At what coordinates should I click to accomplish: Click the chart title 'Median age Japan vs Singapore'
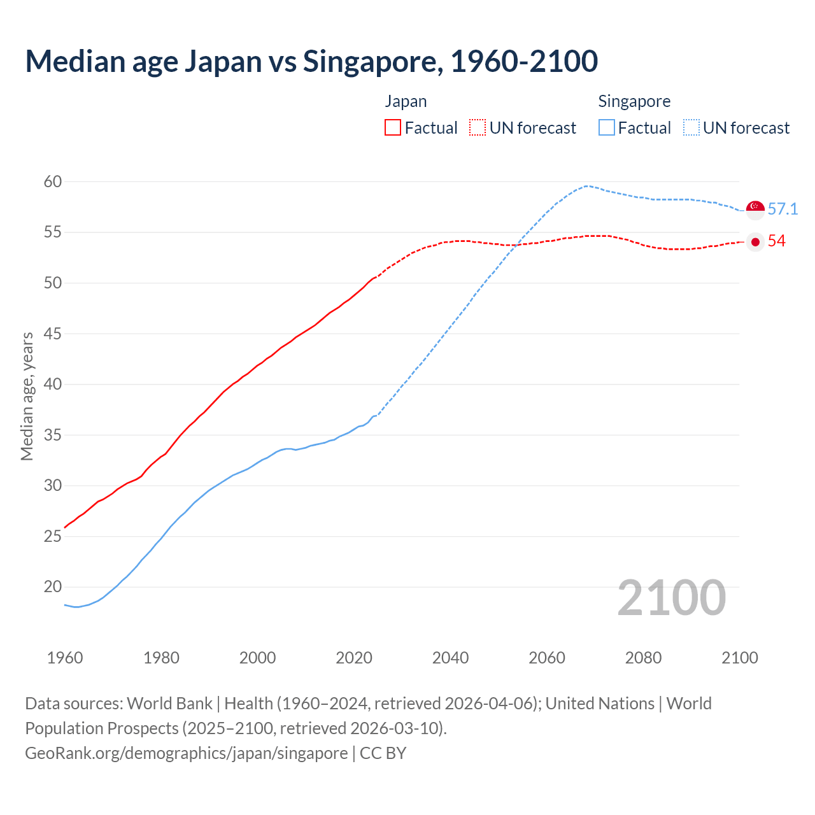pyautogui.click(x=311, y=62)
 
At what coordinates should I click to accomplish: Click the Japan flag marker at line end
pyautogui.click(x=755, y=242)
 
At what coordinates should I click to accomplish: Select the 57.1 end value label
pyautogui.click(x=783, y=209)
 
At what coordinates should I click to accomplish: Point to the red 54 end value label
pyautogui.click(x=776, y=241)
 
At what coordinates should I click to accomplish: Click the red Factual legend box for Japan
pyautogui.click(x=393, y=128)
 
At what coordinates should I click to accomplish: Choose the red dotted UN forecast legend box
pyautogui.click(x=478, y=128)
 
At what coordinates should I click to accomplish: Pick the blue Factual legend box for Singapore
pyautogui.click(x=607, y=128)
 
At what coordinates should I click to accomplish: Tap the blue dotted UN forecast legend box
pyautogui.click(x=691, y=128)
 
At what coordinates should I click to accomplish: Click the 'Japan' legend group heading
pyautogui.click(x=406, y=101)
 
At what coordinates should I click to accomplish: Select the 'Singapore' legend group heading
pyautogui.click(x=634, y=101)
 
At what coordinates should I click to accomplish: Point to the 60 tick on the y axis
pyautogui.click(x=53, y=182)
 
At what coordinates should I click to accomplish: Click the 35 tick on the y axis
pyautogui.click(x=53, y=436)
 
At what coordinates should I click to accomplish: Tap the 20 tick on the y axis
pyautogui.click(x=53, y=587)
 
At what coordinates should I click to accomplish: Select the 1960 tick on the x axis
pyautogui.click(x=65, y=658)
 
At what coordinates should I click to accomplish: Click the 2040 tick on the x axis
pyautogui.click(x=450, y=658)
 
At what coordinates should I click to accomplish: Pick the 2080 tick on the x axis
pyautogui.click(x=643, y=658)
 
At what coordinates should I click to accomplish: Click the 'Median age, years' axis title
pyautogui.click(x=27, y=396)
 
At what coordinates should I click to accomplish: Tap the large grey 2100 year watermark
pyautogui.click(x=671, y=598)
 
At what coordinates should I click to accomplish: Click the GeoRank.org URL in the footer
pyautogui.click(x=187, y=753)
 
